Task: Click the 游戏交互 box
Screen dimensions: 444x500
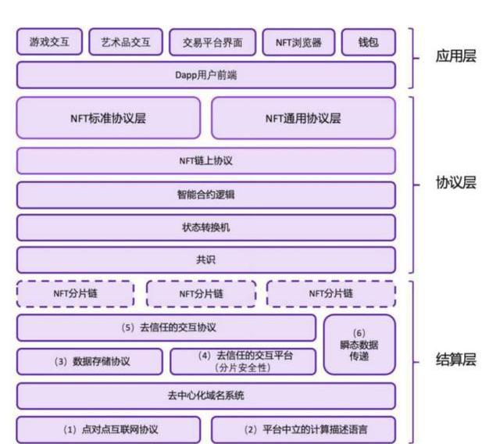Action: [49, 42]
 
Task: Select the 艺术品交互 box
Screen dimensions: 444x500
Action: [126, 42]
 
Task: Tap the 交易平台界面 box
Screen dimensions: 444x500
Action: [212, 43]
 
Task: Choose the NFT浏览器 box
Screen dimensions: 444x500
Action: [298, 42]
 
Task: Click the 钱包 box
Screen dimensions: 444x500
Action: [368, 42]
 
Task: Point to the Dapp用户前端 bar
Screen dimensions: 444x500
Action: [205, 76]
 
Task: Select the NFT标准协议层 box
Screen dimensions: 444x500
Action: [108, 119]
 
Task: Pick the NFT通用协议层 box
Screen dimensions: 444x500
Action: [303, 119]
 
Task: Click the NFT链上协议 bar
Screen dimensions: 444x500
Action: [205, 161]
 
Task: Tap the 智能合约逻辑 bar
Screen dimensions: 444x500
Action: [205, 195]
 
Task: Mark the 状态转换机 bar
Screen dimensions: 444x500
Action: [205, 227]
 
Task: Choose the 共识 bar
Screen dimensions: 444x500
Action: [205, 260]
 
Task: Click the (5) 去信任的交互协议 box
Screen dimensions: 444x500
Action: [166, 328]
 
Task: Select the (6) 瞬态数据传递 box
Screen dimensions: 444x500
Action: [359, 344]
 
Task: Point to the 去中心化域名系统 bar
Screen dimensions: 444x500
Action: [205, 396]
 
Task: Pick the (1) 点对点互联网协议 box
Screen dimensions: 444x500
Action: [108, 429]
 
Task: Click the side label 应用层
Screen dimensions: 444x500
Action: [456, 58]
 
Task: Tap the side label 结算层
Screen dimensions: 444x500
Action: [456, 360]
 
